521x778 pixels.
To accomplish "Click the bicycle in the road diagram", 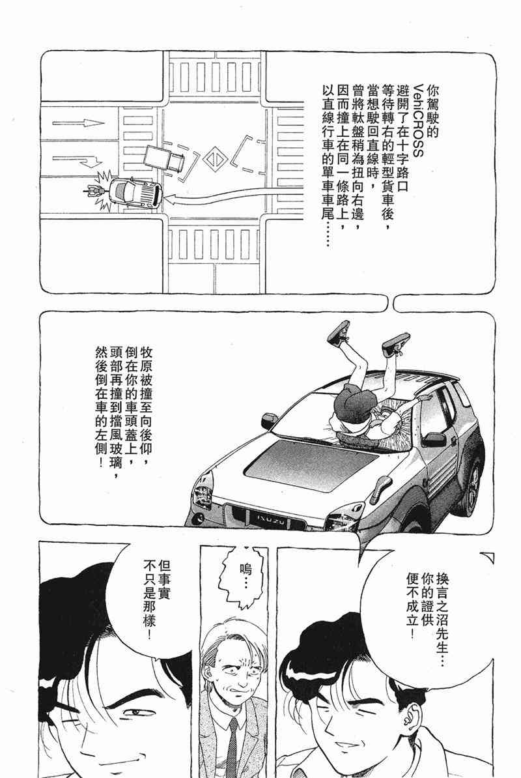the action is click(94, 190).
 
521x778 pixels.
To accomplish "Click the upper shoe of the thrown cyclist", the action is click(339, 332).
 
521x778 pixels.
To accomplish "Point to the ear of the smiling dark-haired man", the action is click(408, 719).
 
